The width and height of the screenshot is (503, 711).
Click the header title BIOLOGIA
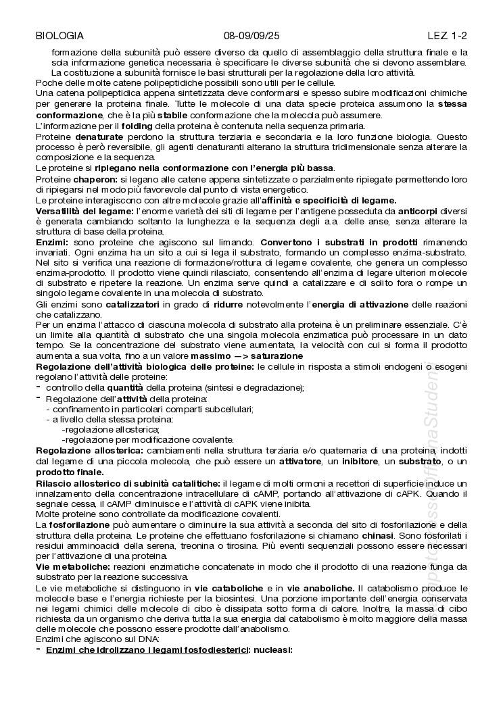coord(59,35)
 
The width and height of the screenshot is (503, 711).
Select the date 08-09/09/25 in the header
coord(251,35)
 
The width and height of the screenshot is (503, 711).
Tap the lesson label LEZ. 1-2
coord(448,35)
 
